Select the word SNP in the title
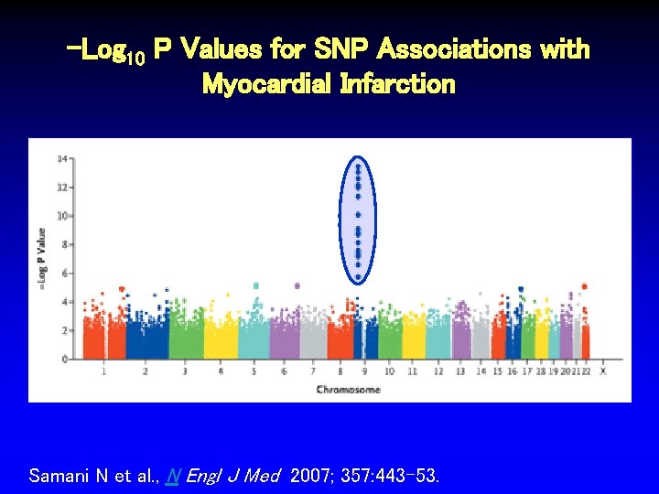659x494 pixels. [344, 49]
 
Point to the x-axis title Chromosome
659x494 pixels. [349, 390]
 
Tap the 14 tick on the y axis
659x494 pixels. [62, 158]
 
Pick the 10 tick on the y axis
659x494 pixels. [62, 216]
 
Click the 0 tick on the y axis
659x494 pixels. [64, 360]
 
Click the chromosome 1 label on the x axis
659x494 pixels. [103, 371]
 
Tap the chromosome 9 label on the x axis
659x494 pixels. [364, 371]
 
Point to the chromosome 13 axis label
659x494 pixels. [459, 371]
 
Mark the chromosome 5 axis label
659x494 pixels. [254, 371]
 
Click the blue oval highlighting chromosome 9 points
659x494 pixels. [358, 220]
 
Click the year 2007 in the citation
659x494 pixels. [306, 476]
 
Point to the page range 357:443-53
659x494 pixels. [384, 476]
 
